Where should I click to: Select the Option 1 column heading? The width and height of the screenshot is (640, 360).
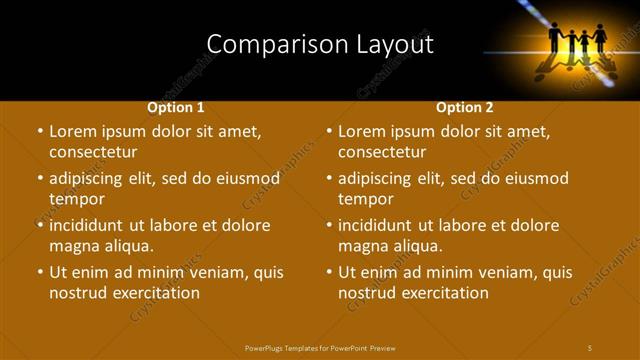tap(176, 107)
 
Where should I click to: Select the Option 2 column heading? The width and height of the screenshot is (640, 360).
tap(465, 107)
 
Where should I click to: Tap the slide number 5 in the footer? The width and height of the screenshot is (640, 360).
tap(590, 347)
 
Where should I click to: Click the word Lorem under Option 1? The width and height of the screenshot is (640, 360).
tap(73, 131)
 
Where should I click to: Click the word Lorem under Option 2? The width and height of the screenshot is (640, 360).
tap(362, 131)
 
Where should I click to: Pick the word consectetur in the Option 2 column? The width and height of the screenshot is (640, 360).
tap(381, 152)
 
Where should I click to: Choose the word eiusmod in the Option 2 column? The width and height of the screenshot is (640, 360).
tap(533, 179)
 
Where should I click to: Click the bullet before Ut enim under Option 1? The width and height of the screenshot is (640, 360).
tap(39, 272)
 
